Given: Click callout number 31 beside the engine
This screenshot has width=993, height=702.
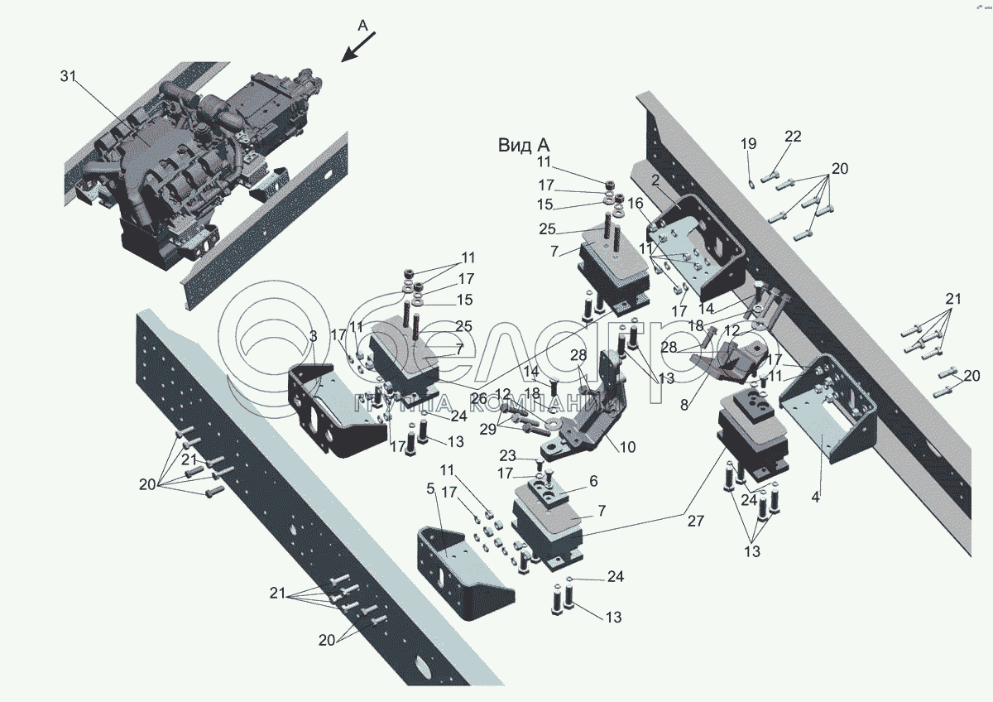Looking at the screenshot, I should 68,76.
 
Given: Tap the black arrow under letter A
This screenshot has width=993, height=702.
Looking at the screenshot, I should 358,47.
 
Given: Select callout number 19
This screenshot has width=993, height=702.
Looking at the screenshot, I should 748,144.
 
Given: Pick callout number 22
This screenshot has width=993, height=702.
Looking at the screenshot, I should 793,137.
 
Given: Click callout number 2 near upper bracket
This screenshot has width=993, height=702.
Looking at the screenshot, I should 655,180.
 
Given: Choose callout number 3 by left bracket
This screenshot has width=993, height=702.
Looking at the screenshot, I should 313,336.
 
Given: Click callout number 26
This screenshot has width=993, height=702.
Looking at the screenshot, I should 478,398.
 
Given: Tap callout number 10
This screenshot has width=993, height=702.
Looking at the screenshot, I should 627,447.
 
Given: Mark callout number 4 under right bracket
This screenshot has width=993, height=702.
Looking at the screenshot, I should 815,498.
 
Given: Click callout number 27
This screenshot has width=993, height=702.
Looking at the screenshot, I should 694,521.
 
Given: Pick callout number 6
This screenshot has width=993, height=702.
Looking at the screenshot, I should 592,480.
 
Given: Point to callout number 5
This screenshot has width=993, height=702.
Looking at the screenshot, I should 430,488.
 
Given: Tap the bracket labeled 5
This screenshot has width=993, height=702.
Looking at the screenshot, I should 463,571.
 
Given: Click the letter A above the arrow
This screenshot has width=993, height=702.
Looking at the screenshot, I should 362,26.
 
